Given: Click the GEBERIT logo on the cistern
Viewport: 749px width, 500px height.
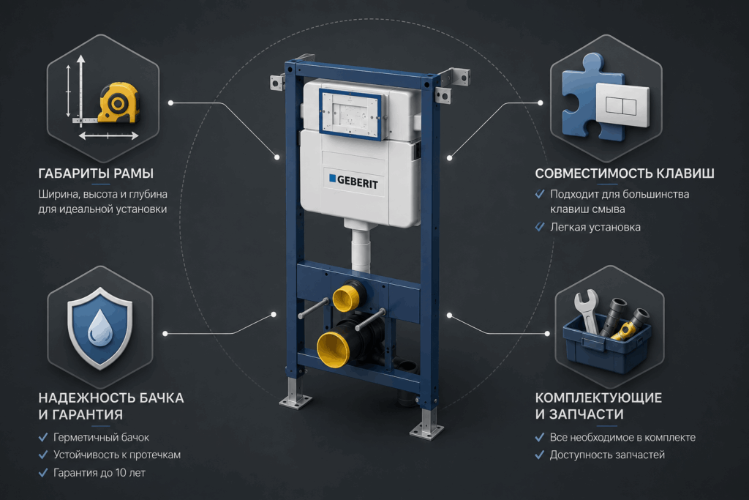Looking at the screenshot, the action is pos(353,181).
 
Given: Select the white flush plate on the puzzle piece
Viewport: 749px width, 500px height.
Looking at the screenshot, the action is pos(622,105).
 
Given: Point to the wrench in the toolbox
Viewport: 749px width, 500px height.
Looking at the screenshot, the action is pos(587,310).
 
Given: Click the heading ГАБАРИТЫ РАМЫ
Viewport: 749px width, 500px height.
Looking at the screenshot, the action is pos(96,173).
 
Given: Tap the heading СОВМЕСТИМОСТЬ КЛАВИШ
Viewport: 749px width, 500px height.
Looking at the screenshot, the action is pos(625,173).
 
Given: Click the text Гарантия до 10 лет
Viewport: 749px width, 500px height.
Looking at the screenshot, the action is pos(99,473).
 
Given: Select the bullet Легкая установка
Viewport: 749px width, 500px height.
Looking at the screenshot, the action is pos(595,227).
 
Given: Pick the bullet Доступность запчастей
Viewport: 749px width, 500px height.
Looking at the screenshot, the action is pos(607,455).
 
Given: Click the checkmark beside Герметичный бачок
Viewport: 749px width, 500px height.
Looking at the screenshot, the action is pos(43,437).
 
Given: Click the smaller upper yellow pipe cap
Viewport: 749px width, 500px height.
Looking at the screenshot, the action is pos(347,296).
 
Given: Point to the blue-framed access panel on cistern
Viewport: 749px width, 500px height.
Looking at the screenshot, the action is pos(350,114).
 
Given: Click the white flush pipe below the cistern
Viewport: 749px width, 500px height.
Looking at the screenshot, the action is pos(361,250).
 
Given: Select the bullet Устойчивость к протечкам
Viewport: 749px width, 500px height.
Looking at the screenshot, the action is pos(117,455).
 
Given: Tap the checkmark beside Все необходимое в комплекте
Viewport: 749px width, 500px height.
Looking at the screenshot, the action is pos(540,437).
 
